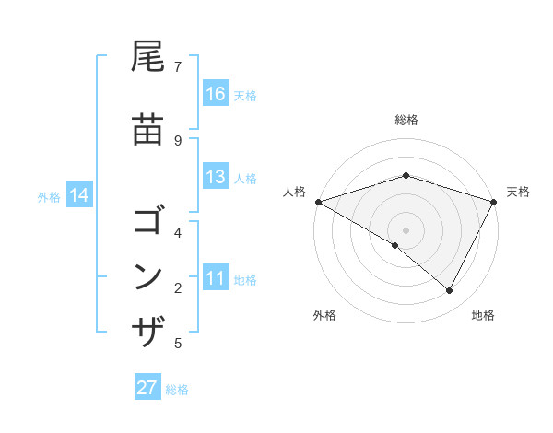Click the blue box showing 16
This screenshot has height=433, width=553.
216,94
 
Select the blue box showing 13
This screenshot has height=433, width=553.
216,177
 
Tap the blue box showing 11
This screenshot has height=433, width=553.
216,278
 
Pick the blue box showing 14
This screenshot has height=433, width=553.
79,195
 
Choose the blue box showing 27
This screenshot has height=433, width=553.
147,388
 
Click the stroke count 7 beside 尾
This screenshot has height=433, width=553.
178,66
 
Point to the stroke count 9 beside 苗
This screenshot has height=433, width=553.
178,140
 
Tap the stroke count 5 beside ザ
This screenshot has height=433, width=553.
178,344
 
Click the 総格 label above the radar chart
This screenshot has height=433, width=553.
406,120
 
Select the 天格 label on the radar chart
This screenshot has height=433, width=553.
518,192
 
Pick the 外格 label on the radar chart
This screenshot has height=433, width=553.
324,315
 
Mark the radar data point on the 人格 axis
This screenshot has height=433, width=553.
318,202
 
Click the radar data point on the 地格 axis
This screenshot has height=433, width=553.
450,291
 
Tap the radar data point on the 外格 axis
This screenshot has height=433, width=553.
395,246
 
